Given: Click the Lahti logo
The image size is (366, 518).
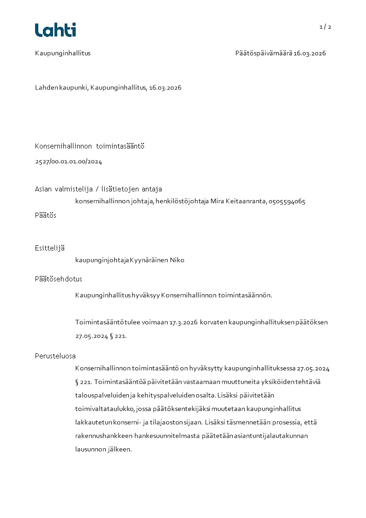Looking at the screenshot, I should tap(55, 30).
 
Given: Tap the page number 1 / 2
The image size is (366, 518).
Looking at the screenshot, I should tap(325, 27).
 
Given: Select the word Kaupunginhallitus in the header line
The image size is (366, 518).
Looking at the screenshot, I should tap(63, 53).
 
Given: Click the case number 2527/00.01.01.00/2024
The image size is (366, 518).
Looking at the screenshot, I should tap(68, 161).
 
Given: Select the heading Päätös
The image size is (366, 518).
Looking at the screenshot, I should tap(46, 215).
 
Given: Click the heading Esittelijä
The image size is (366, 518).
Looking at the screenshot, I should tap(50, 248).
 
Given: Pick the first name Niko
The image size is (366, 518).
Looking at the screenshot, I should tap(177, 260).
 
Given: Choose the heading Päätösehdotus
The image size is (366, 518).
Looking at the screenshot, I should tap(59, 279).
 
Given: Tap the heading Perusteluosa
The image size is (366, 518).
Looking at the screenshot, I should tap(55, 356).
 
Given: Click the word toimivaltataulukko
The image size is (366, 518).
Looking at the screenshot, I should tap(104, 409).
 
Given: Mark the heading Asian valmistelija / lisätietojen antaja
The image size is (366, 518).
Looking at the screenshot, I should tap(98, 189).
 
